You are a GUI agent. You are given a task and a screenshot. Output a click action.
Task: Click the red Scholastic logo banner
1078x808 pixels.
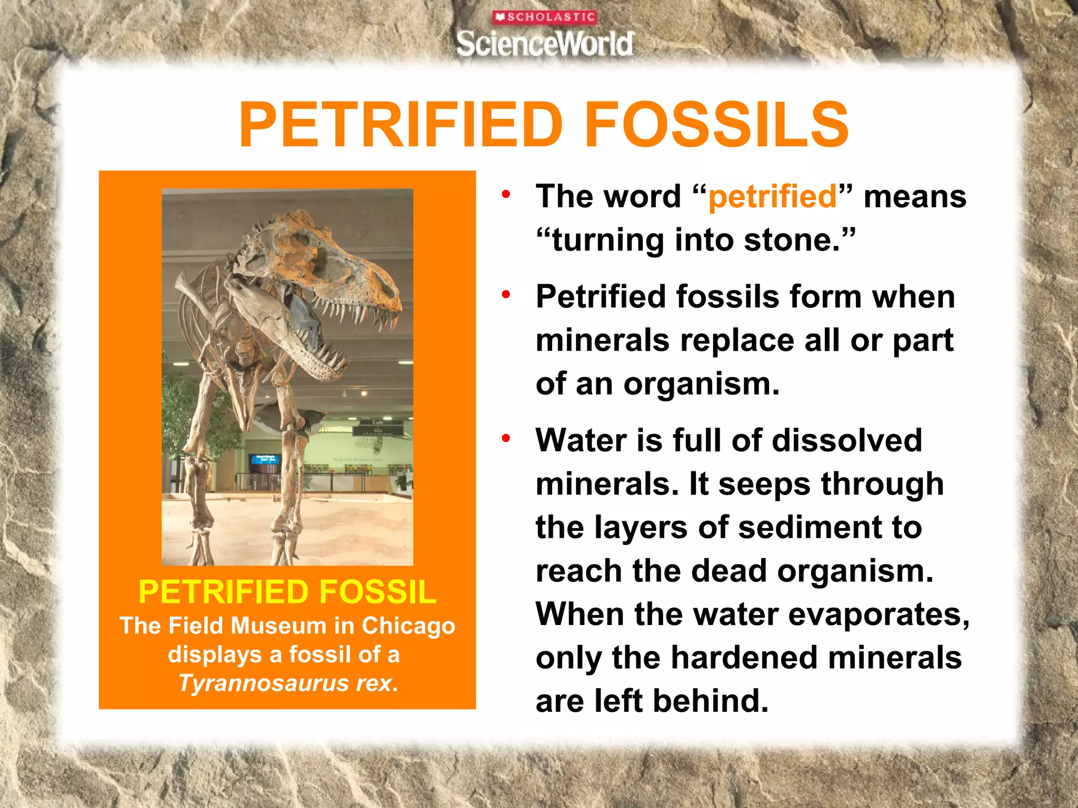[x=544, y=17]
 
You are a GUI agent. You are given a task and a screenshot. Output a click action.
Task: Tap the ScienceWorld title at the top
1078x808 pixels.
[x=545, y=44]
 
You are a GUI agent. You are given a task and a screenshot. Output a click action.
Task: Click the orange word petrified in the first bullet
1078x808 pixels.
[x=772, y=197]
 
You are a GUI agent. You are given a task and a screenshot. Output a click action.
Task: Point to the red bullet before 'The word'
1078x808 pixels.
[x=506, y=195]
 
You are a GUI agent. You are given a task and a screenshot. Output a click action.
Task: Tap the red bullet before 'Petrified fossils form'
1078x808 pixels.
[x=506, y=295]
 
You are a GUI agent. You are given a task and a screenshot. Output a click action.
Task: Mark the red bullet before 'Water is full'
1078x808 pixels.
[x=506, y=439]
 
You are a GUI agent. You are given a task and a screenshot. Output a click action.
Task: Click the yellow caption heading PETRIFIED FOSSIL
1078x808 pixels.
[x=287, y=592]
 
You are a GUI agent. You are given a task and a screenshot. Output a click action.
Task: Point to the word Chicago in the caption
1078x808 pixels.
[x=408, y=626]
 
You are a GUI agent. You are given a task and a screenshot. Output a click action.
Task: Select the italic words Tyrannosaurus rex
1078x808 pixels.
[x=287, y=683]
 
